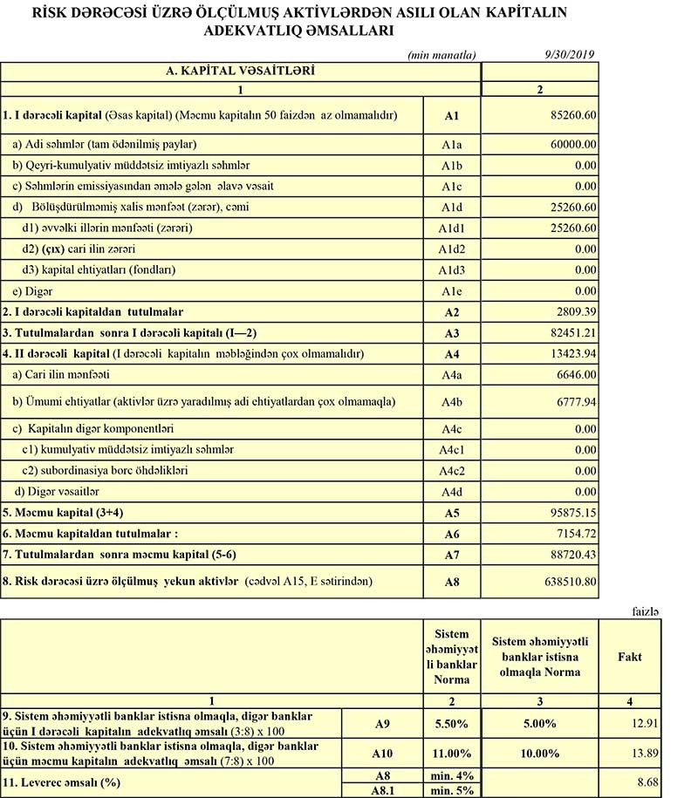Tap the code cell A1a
(450, 143)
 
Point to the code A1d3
(450, 269)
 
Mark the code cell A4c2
(450, 470)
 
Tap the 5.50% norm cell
(451, 723)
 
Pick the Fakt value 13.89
(646, 753)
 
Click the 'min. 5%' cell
(451, 790)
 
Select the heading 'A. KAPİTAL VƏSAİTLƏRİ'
(240, 69)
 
